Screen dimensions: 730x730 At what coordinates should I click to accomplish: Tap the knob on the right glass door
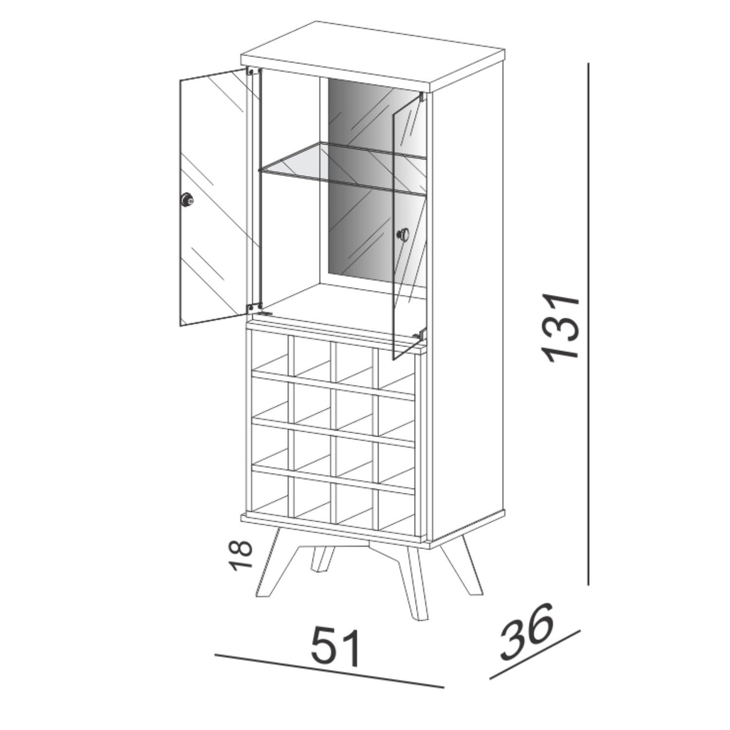pyautogui.click(x=403, y=235)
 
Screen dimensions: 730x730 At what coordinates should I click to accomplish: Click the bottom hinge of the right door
pyautogui.click(x=420, y=334)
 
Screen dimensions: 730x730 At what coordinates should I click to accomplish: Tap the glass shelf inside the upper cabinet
pyautogui.click(x=342, y=168)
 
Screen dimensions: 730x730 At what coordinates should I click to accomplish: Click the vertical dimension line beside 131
pyautogui.click(x=588, y=324)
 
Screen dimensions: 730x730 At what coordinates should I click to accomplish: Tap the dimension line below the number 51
pyautogui.click(x=329, y=678)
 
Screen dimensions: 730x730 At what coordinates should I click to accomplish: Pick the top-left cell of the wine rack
pyautogui.click(x=270, y=351)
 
